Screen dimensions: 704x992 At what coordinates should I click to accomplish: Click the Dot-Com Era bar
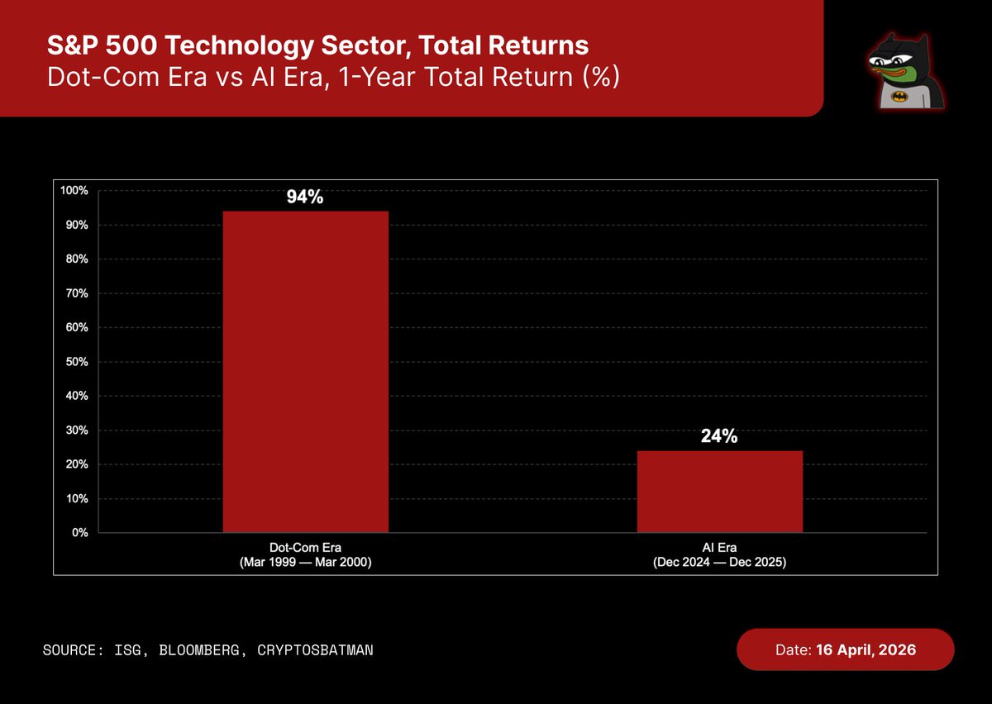(306, 372)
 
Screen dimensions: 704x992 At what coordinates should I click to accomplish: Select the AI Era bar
(719, 492)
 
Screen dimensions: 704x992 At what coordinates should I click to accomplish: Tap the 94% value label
(305, 198)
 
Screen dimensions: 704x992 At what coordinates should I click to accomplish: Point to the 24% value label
(719, 437)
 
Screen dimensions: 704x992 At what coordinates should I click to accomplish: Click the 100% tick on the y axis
(74, 191)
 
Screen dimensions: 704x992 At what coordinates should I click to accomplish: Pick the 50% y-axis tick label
(77, 362)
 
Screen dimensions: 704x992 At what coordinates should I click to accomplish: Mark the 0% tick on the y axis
(80, 533)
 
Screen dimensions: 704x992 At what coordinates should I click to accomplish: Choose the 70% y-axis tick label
(77, 293)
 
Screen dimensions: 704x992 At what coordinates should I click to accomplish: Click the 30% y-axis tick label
(77, 430)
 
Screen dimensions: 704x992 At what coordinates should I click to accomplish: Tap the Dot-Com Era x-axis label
(305, 547)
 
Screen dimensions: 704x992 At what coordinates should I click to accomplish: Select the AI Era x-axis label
(719, 547)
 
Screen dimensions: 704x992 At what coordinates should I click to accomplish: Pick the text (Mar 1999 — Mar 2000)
(305, 560)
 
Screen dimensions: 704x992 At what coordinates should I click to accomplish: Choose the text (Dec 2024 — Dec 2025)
(719, 560)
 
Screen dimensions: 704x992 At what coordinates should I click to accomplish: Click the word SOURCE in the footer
(70, 650)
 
